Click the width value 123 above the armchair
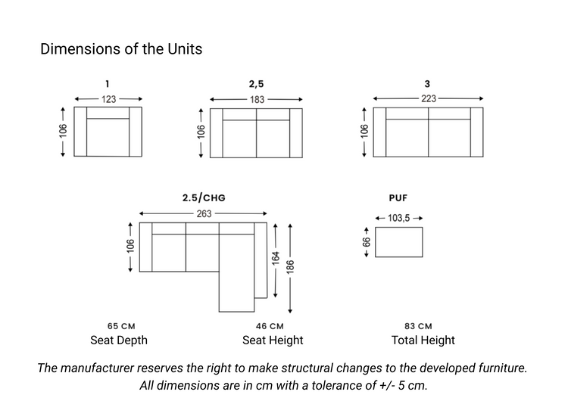click(x=108, y=99)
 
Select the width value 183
click(x=257, y=100)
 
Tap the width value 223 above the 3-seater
click(x=429, y=98)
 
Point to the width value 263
click(x=204, y=213)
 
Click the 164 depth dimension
click(x=276, y=259)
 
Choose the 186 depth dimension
click(x=290, y=267)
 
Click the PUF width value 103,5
click(x=398, y=218)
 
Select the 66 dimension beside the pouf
click(x=367, y=242)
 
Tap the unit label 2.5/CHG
click(x=204, y=197)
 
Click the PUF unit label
click(x=398, y=198)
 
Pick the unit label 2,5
click(x=256, y=84)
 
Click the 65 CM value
click(x=121, y=326)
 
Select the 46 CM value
click(x=270, y=326)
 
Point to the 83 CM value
click(x=418, y=326)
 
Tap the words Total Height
click(x=423, y=340)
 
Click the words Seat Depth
click(x=119, y=340)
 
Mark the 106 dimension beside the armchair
click(x=63, y=131)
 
